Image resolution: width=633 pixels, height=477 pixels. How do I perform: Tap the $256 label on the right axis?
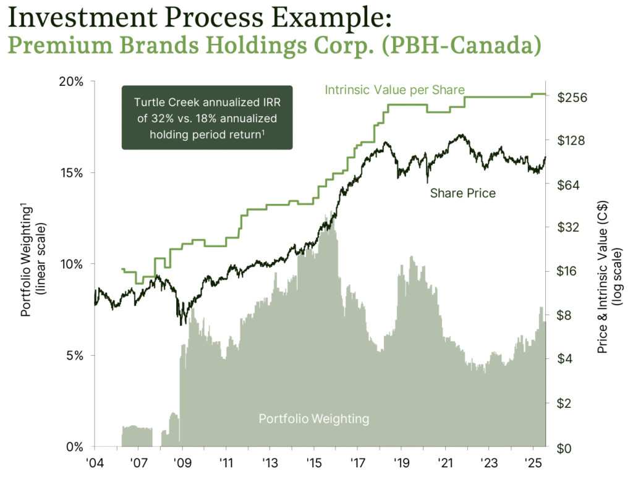pos(571,98)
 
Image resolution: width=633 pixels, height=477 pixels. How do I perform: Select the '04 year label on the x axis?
pos(95,463)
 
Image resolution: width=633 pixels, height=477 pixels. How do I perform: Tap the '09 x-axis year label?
pos(182,463)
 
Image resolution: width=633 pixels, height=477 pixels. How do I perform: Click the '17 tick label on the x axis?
pos(357,463)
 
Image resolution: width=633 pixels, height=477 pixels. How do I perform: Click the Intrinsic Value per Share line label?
pos(395,90)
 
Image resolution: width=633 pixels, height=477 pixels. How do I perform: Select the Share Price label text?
pos(462,193)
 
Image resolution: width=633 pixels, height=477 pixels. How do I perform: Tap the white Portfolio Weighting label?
pos(313,419)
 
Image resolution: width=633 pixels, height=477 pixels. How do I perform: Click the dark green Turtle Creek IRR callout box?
pos(207,117)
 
